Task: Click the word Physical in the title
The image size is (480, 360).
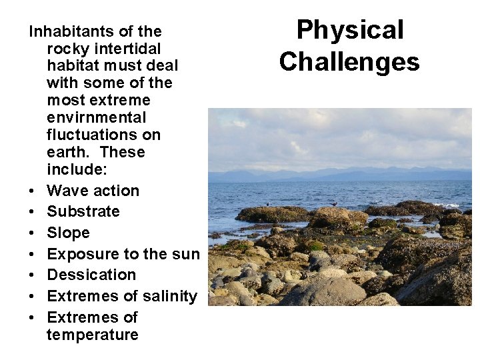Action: pos(350,30)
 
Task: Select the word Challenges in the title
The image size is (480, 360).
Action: pos(350,61)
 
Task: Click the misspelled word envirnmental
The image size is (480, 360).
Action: pos(97,118)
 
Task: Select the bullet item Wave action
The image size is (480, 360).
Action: pos(93,191)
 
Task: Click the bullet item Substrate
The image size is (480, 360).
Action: pos(83,212)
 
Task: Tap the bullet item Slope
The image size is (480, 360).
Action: pos(68,233)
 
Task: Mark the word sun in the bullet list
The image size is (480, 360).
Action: pos(186,254)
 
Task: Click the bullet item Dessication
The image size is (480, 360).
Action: pos(91,275)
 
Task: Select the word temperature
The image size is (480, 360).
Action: pos(93,335)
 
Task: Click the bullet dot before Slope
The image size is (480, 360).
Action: pos(31,233)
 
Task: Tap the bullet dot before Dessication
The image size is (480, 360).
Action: pos(31,275)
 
